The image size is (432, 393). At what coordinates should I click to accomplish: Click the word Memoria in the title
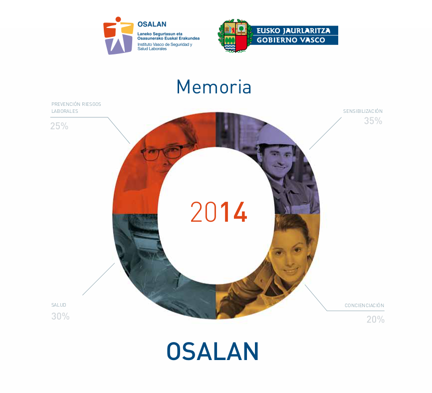[214, 87]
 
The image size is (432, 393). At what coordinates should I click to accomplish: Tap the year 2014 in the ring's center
[218, 212]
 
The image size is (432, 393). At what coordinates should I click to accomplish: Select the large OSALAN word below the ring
[213, 351]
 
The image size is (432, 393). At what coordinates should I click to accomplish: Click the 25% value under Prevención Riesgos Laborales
[59, 126]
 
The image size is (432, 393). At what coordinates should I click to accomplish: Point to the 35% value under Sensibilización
[373, 121]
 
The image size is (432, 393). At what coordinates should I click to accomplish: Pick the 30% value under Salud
[60, 316]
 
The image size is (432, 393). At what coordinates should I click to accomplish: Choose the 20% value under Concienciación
[376, 320]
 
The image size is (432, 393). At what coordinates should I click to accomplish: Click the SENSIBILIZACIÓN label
[363, 111]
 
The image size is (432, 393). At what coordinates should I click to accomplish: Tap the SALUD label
[59, 305]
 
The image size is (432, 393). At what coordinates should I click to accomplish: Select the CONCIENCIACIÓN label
[364, 305]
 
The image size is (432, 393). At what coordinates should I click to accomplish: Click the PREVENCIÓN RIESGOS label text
[76, 104]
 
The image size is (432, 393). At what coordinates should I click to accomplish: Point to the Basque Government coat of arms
[235, 36]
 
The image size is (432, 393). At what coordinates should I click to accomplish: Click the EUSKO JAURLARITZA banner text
[293, 30]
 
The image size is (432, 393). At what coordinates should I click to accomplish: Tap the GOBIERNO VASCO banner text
[291, 40]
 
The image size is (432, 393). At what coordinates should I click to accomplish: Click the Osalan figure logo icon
[118, 35]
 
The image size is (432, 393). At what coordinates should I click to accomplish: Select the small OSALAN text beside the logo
[152, 24]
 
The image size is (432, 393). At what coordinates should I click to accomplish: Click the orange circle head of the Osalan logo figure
[118, 19]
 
